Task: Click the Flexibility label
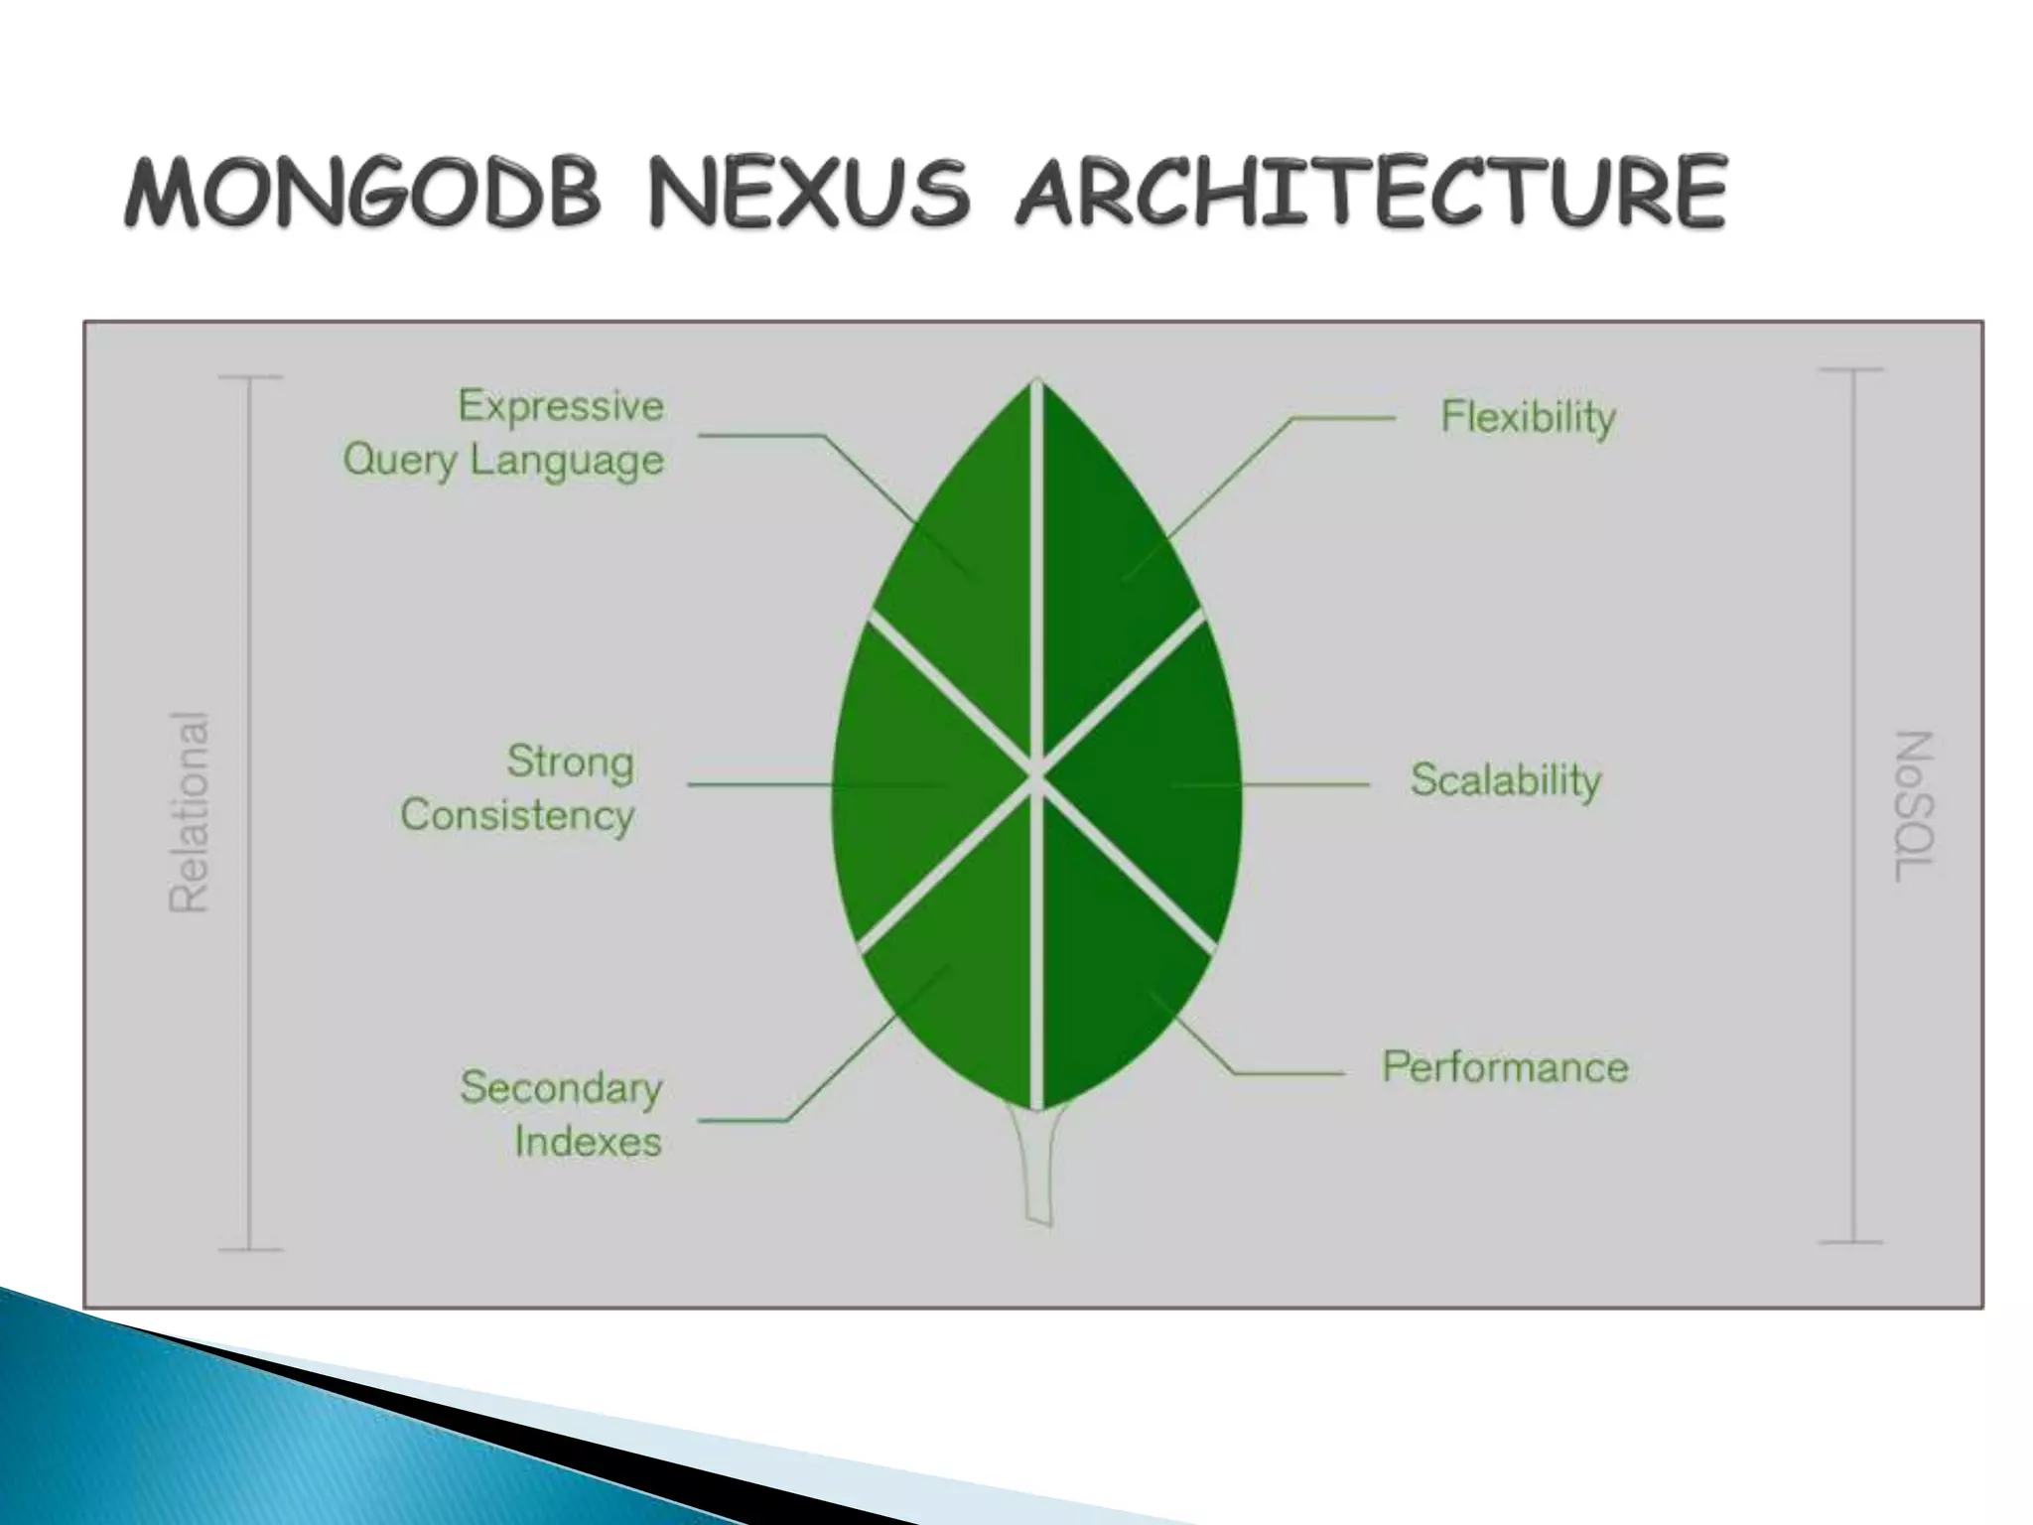[1528, 417]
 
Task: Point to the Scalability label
[1506, 780]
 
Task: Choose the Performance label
[1505, 1067]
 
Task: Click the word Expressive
[561, 406]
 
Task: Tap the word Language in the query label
[567, 461]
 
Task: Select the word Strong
[570, 762]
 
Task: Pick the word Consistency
[517, 815]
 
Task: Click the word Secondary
[561, 1088]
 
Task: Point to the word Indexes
[588, 1142]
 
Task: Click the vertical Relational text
[189, 812]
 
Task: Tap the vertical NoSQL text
[1915, 806]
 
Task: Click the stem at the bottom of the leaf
[1037, 1167]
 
